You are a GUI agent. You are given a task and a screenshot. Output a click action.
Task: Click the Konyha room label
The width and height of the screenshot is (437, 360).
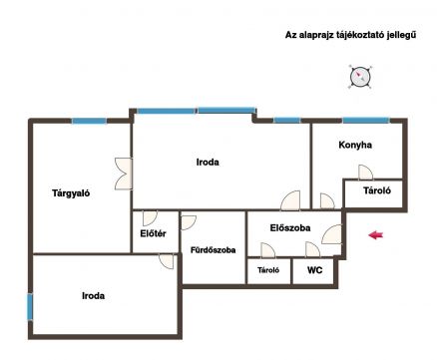(x=355, y=145)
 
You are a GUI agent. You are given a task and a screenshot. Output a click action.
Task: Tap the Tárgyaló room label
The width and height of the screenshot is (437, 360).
(x=71, y=193)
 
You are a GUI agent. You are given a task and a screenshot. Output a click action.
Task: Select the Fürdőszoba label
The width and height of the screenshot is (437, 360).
(x=214, y=250)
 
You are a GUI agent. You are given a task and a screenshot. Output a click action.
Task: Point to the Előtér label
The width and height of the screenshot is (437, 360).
(x=153, y=233)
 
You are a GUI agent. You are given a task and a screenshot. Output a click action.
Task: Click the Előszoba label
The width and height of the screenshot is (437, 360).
(x=290, y=228)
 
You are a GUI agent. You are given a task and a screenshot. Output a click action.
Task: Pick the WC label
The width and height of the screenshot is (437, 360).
(x=314, y=270)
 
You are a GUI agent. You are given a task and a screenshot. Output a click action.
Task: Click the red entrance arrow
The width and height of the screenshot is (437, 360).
(x=376, y=235)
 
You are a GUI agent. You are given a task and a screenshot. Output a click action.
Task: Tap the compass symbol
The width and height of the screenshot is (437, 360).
(x=360, y=77)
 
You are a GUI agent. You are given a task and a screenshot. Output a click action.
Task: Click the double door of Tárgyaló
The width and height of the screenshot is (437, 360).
(x=124, y=174)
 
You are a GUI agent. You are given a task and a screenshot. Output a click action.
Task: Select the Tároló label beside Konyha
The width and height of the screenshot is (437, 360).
(x=377, y=190)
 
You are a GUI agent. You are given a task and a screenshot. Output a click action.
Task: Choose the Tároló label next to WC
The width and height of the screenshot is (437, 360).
(x=268, y=270)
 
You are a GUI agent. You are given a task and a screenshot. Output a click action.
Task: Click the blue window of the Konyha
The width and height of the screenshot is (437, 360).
(x=366, y=121)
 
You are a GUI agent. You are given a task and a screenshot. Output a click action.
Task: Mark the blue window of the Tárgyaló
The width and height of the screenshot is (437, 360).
(x=90, y=121)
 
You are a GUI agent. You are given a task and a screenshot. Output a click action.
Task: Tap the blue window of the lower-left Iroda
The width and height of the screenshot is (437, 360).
(x=30, y=307)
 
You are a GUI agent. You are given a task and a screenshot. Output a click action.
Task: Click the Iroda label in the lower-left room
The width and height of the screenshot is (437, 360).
(x=94, y=296)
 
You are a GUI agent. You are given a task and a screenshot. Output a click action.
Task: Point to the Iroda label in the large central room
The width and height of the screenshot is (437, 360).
(x=208, y=163)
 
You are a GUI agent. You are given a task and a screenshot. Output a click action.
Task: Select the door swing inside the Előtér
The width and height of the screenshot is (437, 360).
(x=150, y=218)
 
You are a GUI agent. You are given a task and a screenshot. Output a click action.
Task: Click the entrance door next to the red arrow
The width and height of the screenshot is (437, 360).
(x=332, y=234)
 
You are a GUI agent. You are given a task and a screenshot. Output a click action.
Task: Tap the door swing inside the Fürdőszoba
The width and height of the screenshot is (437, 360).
(x=189, y=222)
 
